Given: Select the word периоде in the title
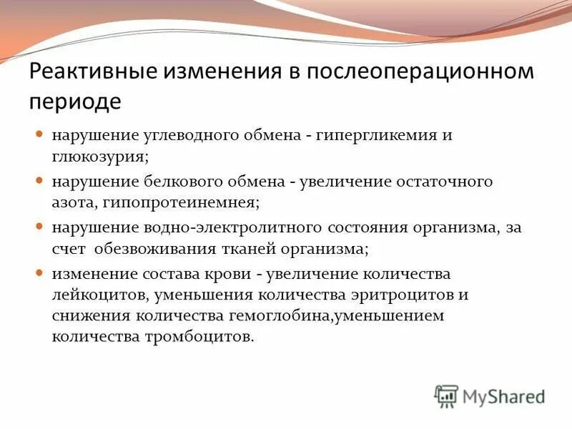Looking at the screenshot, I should pyautogui.click(x=75, y=101).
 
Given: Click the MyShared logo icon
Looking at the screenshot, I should pyautogui.click(x=446, y=395).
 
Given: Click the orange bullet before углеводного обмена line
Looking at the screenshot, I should pyautogui.click(x=40, y=134).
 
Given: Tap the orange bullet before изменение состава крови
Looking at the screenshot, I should pyautogui.click(x=40, y=274).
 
